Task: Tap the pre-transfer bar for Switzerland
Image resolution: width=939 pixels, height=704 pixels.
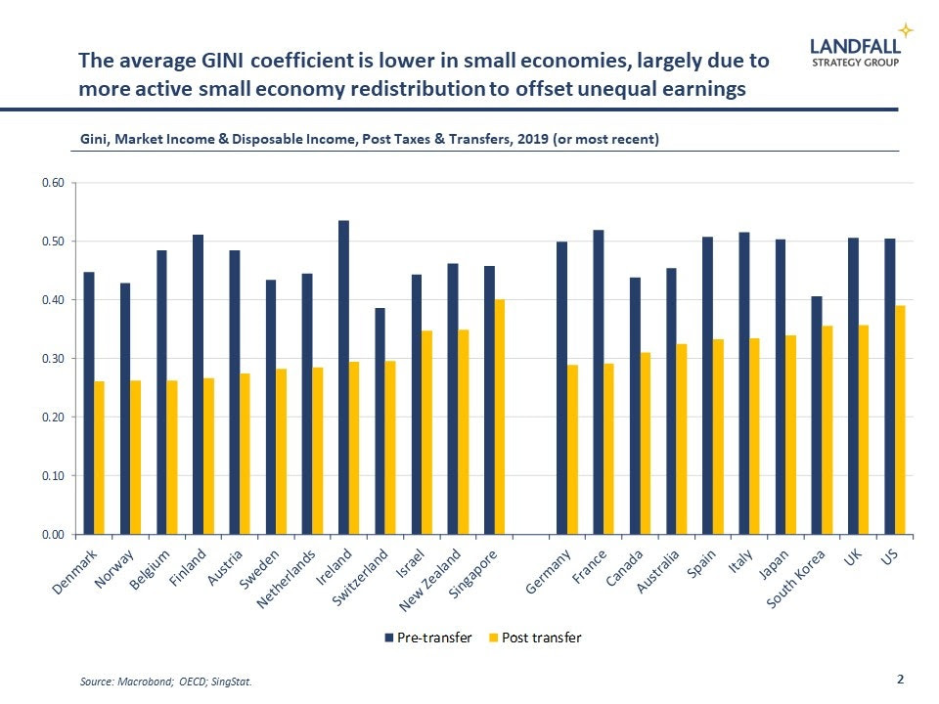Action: [x=380, y=421]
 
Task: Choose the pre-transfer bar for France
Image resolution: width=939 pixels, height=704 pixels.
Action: [x=598, y=382]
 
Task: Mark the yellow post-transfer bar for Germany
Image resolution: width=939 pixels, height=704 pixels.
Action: [x=572, y=450]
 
